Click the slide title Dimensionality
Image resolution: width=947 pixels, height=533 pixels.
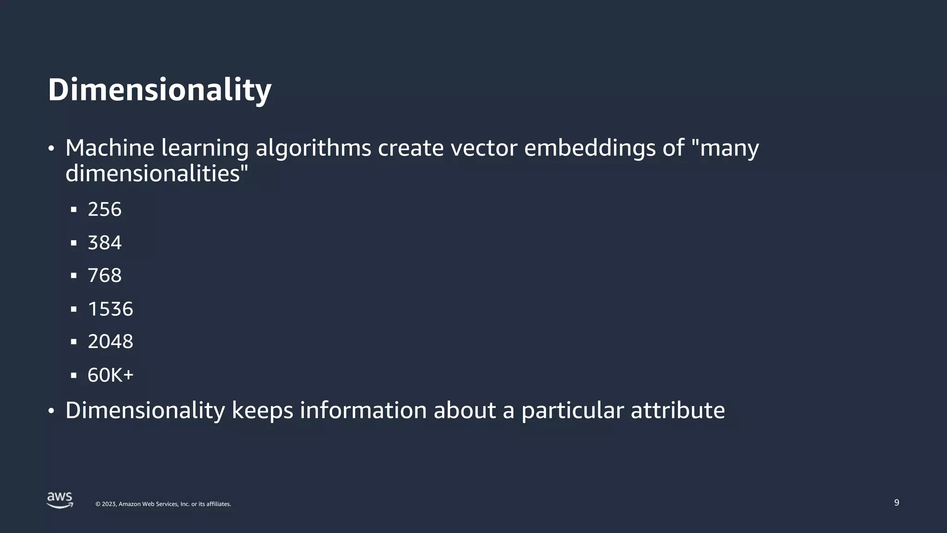tap(160, 90)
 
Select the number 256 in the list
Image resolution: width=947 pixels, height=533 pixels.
tap(105, 210)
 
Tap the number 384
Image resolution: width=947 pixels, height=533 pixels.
tap(105, 243)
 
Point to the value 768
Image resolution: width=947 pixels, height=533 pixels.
tap(105, 276)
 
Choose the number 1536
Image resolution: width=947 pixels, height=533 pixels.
tap(111, 309)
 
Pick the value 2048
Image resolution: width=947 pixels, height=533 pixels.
tap(111, 342)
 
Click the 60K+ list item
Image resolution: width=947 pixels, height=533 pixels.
tap(111, 375)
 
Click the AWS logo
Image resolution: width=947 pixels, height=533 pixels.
tap(60, 501)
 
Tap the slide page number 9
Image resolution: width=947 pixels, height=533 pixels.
tap(897, 503)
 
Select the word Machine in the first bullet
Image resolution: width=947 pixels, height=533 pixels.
tap(110, 148)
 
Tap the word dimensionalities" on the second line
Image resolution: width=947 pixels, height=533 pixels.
tap(157, 174)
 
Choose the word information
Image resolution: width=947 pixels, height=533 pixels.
tap(363, 410)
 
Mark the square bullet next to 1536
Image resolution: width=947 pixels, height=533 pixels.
tap(74, 309)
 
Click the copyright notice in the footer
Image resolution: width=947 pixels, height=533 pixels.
tap(163, 504)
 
